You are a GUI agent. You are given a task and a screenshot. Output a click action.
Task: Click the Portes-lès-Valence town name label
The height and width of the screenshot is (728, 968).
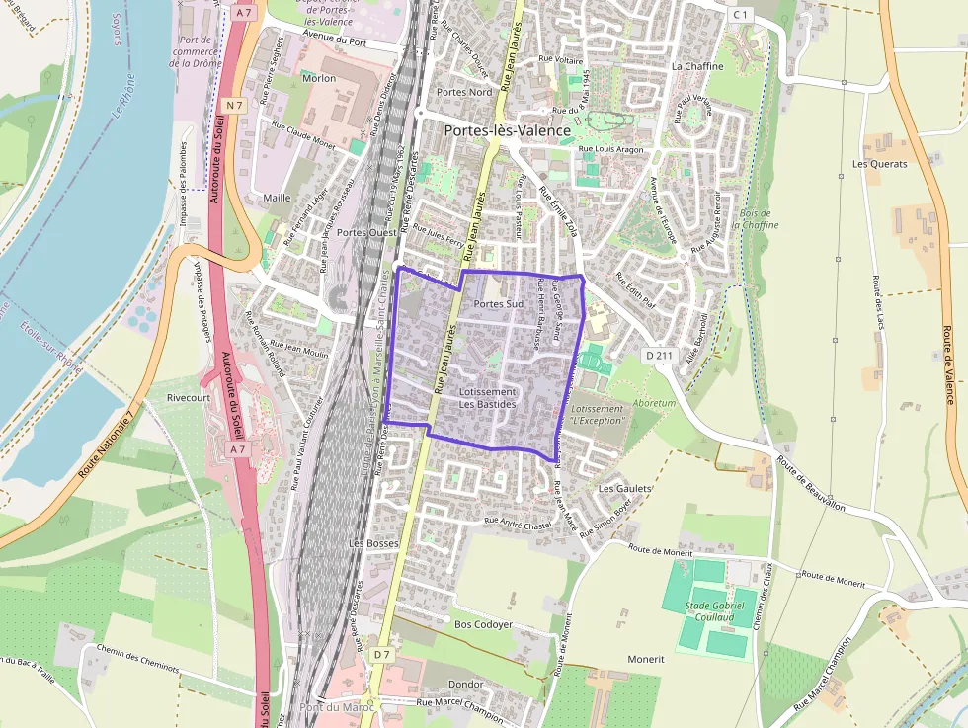(507, 130)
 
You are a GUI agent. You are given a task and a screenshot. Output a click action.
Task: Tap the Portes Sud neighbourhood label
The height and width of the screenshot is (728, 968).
(498, 303)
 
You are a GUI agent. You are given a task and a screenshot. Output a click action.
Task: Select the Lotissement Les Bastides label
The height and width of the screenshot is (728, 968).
(488, 398)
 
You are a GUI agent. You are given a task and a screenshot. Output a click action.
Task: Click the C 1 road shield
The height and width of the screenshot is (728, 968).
(742, 14)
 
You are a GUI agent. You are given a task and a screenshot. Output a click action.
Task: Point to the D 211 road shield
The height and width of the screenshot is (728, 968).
(659, 355)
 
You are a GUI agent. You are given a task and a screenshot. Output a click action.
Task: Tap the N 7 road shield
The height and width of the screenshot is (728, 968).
(234, 105)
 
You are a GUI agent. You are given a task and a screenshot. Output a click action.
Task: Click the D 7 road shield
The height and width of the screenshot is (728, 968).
(382, 654)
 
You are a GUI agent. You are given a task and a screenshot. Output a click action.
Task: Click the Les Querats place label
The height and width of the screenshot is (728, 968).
(879, 164)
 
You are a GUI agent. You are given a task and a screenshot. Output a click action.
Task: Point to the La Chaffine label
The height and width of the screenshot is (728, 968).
(697, 66)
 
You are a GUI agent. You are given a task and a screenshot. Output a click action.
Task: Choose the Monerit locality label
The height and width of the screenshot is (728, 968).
(646, 659)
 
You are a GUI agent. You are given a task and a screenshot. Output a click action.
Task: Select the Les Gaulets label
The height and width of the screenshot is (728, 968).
(625, 488)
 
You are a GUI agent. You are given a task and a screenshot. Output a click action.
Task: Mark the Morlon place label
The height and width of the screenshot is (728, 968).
(319, 78)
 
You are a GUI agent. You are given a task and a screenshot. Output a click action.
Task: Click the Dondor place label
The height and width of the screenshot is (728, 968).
(465, 684)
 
